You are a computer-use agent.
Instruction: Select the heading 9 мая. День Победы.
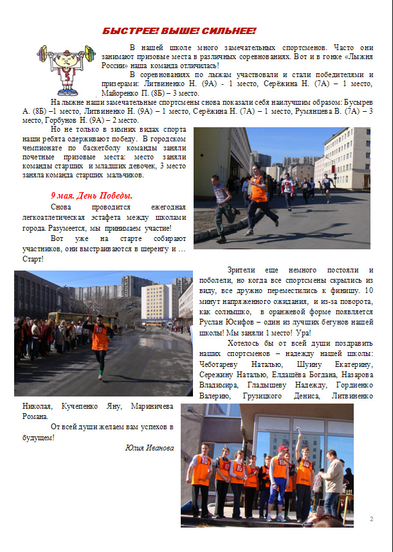pos(92,195)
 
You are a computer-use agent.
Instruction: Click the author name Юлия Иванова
pos(149,448)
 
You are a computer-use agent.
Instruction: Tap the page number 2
pos(372,518)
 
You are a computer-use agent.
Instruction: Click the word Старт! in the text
pos(32,259)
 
